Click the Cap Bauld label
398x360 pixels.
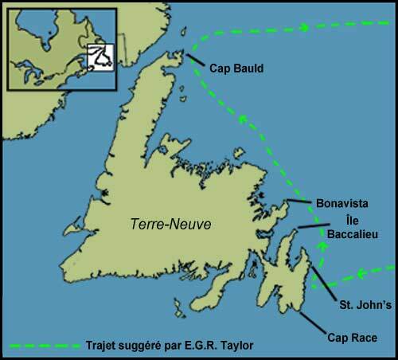pyautogui.click(x=236, y=69)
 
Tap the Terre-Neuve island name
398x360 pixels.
pyautogui.click(x=171, y=225)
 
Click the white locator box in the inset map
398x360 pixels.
pyautogui.click(x=101, y=55)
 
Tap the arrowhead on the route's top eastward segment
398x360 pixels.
pyautogui.click(x=304, y=28)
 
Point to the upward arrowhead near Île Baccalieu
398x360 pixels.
pyautogui.click(x=322, y=248)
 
